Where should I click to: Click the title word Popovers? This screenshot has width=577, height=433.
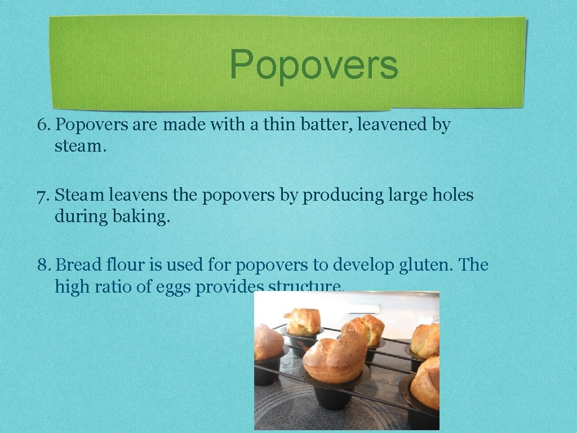(x=314, y=65)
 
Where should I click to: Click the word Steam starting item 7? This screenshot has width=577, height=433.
(x=79, y=196)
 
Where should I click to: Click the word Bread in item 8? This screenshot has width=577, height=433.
(x=79, y=265)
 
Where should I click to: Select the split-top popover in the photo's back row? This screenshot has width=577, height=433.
(x=365, y=329)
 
